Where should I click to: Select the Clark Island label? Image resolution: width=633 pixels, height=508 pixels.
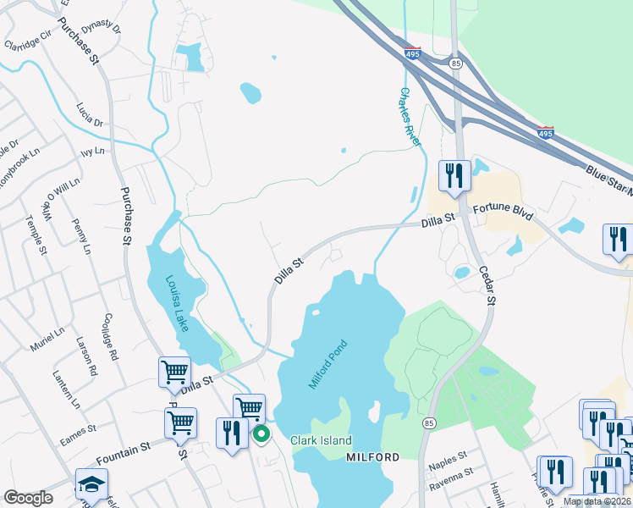point(321,440)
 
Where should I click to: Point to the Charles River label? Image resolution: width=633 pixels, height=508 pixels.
point(410,118)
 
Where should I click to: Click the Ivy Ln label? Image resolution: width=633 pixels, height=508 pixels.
point(92,152)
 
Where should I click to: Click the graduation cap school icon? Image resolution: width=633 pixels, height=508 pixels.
point(91,484)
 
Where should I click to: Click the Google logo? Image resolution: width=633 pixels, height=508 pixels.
point(28,498)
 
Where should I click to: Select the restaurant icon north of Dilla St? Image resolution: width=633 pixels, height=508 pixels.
point(454,176)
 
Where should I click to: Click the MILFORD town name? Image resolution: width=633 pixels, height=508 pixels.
point(373,457)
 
